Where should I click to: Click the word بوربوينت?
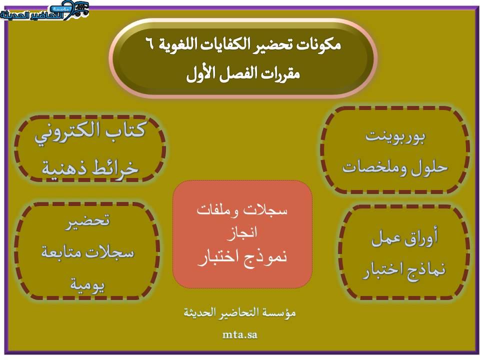(x=395, y=136)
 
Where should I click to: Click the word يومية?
(x=88, y=284)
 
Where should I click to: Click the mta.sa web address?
(x=239, y=334)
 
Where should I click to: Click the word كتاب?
(x=126, y=130)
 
